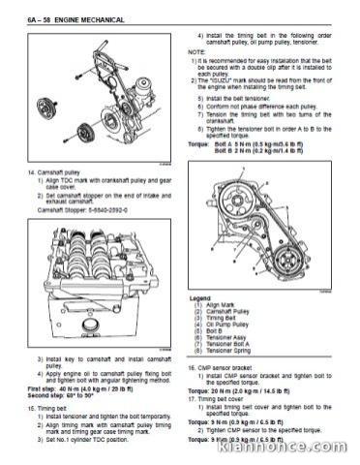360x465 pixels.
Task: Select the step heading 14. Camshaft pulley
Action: coord(61,171)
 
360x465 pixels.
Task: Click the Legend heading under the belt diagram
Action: coord(199,297)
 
